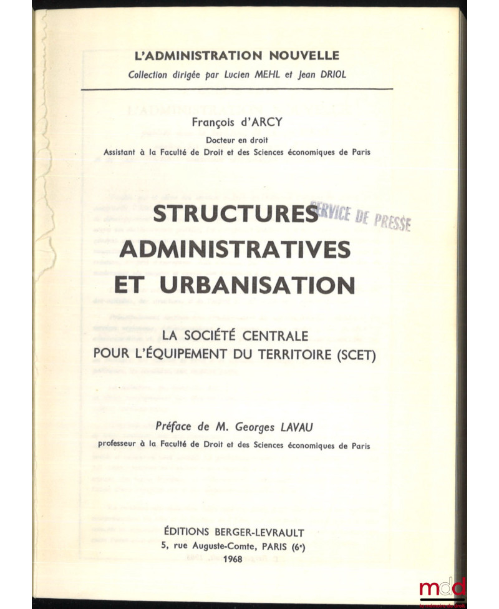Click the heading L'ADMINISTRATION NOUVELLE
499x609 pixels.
236,55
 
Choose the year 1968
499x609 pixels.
232,559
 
